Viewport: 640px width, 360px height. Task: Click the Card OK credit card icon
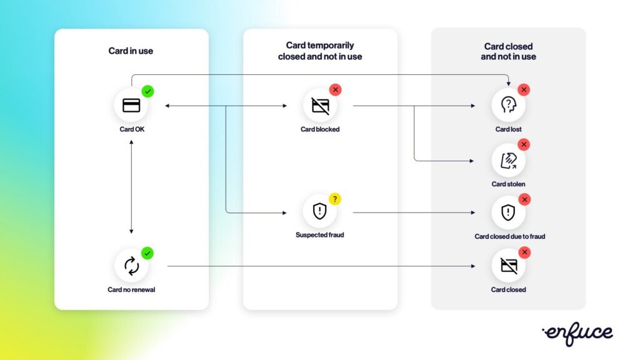131,105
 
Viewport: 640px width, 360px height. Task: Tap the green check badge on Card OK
147,91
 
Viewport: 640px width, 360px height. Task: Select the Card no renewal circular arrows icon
131,266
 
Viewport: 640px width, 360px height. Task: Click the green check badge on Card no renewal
147,253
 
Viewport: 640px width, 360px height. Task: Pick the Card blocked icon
320,105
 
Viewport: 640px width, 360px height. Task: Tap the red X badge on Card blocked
336,90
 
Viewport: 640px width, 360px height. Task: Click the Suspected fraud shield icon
320,211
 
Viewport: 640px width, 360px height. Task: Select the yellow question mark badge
335,199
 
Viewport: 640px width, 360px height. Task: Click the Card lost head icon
508,104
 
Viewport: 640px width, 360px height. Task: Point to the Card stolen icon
508,160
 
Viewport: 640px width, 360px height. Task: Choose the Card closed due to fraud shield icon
508,212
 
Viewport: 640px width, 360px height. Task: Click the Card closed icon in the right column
508,266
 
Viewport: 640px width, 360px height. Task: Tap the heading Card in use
131,51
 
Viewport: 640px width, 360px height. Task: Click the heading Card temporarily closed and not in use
320,51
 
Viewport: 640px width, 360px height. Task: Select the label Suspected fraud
320,236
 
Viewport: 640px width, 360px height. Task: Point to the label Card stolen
508,184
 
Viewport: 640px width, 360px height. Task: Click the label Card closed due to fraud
509,237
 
